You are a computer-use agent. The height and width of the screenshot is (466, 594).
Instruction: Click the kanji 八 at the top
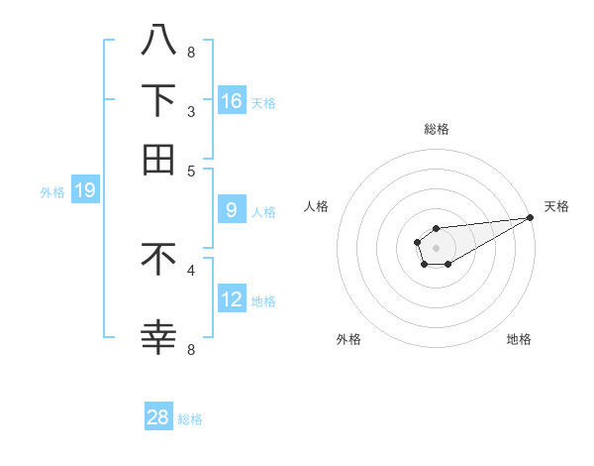[x=158, y=41]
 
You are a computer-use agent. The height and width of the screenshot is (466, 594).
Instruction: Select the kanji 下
[x=158, y=100]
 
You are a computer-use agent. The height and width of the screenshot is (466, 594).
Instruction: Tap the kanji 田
[x=158, y=159]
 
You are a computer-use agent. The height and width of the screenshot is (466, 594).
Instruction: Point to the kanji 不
[x=158, y=258]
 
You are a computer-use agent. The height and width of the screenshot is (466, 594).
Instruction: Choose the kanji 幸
[x=158, y=337]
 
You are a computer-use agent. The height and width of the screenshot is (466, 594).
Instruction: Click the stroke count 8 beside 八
[x=191, y=53]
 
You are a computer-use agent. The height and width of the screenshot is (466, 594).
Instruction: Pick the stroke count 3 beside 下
[x=191, y=111]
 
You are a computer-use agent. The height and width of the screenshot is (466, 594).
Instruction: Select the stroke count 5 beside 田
[x=191, y=171]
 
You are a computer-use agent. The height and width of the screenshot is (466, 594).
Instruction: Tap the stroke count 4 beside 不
[x=191, y=269]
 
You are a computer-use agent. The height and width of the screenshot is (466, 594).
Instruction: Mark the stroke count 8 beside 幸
[x=191, y=348]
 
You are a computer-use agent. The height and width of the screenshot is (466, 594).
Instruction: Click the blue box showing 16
[x=232, y=100]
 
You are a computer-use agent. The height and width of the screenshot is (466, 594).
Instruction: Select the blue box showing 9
[x=232, y=209]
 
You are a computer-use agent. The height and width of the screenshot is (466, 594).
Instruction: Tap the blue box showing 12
[x=232, y=298]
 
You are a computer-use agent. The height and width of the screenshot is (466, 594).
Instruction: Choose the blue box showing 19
[x=84, y=190]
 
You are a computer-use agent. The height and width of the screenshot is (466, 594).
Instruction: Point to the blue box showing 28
[x=158, y=417]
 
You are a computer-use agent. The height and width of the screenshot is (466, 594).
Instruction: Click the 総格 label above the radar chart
[x=436, y=129]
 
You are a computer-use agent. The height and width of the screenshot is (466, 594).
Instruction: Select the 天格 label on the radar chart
[x=556, y=206]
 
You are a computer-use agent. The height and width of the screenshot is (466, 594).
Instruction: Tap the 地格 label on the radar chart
[x=519, y=339]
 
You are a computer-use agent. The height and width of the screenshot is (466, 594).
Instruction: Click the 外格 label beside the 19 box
[x=52, y=192]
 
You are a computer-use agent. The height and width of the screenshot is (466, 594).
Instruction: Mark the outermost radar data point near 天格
[x=530, y=217]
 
